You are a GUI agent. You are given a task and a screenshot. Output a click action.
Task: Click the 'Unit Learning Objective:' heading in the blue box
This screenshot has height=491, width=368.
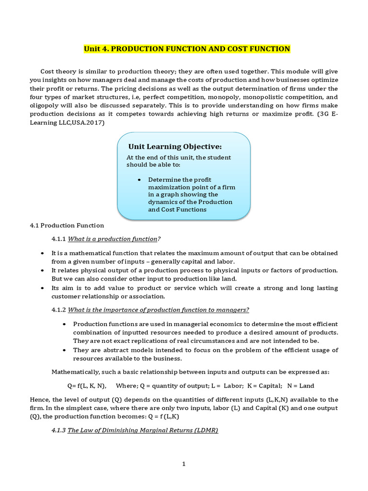click(x=175, y=147)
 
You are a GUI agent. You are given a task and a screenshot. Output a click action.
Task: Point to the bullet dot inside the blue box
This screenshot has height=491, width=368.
click(x=138, y=179)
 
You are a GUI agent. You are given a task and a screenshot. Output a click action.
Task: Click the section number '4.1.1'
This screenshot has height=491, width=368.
click(x=58, y=239)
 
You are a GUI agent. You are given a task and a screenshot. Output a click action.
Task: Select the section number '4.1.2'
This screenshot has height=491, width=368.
click(x=58, y=310)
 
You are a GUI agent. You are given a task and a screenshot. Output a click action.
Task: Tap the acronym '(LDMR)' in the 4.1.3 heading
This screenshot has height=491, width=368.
click(x=206, y=431)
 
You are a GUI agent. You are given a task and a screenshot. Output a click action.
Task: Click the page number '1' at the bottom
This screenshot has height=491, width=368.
click(x=184, y=464)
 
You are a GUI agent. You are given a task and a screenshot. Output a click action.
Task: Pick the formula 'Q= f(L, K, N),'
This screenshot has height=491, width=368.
click(x=87, y=386)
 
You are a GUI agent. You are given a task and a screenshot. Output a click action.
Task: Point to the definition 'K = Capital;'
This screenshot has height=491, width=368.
click(x=264, y=386)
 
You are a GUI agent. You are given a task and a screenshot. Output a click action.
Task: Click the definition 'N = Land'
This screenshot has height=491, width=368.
click(x=301, y=386)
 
